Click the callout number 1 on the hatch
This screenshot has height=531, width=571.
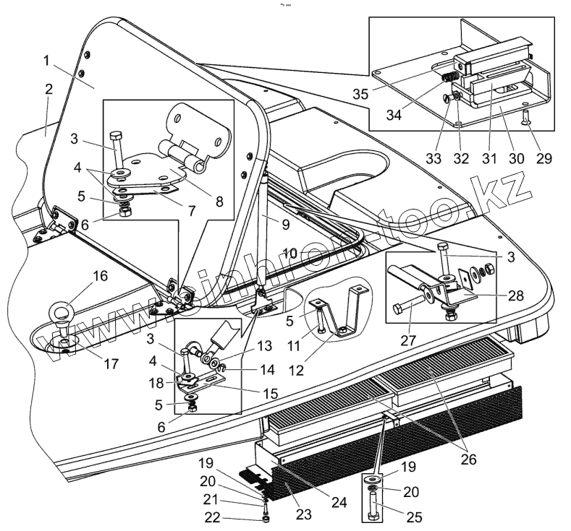[x=47, y=61]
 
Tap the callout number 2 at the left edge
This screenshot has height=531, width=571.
[x=48, y=90]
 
